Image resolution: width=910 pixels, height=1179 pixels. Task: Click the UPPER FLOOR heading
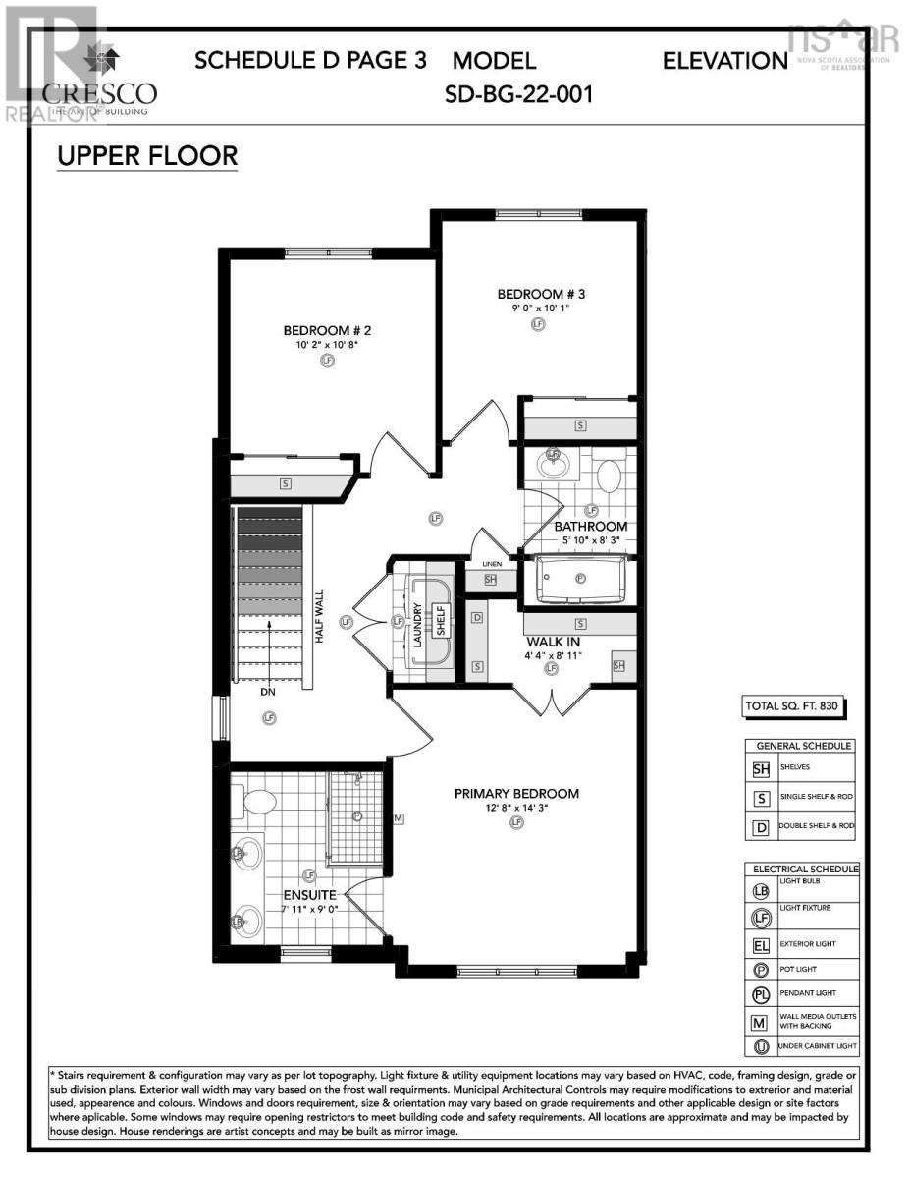click(147, 156)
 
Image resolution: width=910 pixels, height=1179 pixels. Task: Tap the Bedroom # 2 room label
click(327, 330)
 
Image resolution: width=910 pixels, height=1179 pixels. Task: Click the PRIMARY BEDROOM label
click(516, 793)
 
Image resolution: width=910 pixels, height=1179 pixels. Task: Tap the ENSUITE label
click(310, 895)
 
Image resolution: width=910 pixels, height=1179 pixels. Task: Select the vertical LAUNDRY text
click(416, 624)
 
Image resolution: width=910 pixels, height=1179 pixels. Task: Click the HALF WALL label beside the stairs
click(319, 617)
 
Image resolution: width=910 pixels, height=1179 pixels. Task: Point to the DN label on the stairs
click(269, 692)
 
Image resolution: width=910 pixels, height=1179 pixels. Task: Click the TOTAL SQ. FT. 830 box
click(794, 705)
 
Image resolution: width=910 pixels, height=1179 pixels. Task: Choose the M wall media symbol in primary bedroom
click(399, 817)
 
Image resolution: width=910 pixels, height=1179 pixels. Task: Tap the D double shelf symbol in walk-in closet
click(477, 618)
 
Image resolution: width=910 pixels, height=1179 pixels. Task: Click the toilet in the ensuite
click(256, 800)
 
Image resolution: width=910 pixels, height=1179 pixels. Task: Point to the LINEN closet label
click(492, 563)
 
